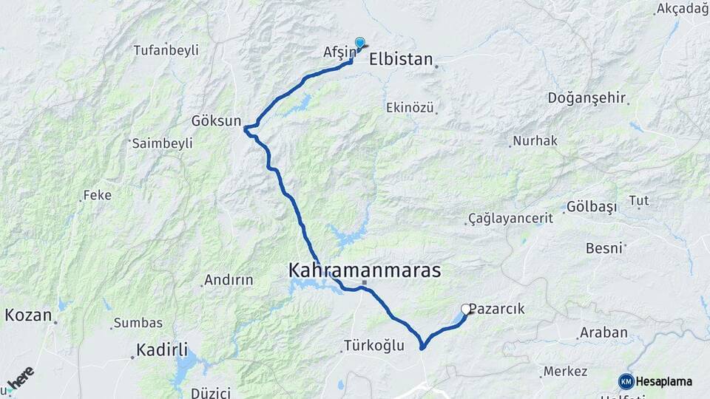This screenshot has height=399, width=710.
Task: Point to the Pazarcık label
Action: (497, 309)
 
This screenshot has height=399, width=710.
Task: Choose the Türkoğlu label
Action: (374, 345)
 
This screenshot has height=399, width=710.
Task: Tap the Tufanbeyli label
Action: (166, 50)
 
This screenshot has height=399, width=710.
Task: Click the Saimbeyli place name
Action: (162, 143)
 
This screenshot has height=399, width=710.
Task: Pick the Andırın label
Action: (229, 280)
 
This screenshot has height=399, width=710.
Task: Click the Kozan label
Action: (28, 316)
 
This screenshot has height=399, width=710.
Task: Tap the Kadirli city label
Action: (161, 349)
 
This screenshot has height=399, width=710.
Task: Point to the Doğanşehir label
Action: (587, 98)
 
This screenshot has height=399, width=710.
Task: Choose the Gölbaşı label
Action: (592, 207)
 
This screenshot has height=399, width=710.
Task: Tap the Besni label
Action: (603, 248)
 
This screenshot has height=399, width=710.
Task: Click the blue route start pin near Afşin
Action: (360, 44)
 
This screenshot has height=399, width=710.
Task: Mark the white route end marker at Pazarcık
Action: (466, 309)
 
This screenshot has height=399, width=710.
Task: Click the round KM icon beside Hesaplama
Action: (626, 381)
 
